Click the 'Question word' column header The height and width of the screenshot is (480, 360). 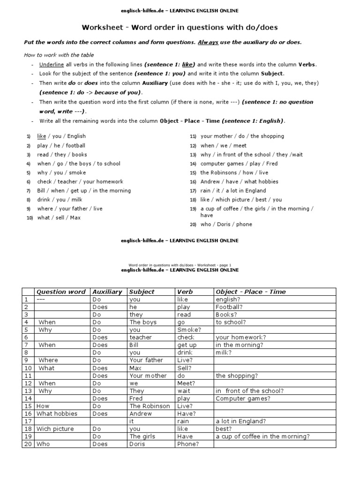pos(61,292)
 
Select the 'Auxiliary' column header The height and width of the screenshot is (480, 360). pos(107,292)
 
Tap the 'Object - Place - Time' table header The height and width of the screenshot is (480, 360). pos(250,292)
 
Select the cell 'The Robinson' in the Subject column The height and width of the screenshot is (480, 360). pos(150,406)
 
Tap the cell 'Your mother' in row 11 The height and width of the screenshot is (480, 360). pos(148,375)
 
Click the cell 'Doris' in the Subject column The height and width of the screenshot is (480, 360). pos(137,444)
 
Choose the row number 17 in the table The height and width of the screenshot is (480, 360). pos(27,421)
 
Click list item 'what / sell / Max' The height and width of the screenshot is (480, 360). pos(59,217)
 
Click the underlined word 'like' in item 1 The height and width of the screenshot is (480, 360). pos(42,136)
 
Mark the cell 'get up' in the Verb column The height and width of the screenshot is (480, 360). pos(187,345)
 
